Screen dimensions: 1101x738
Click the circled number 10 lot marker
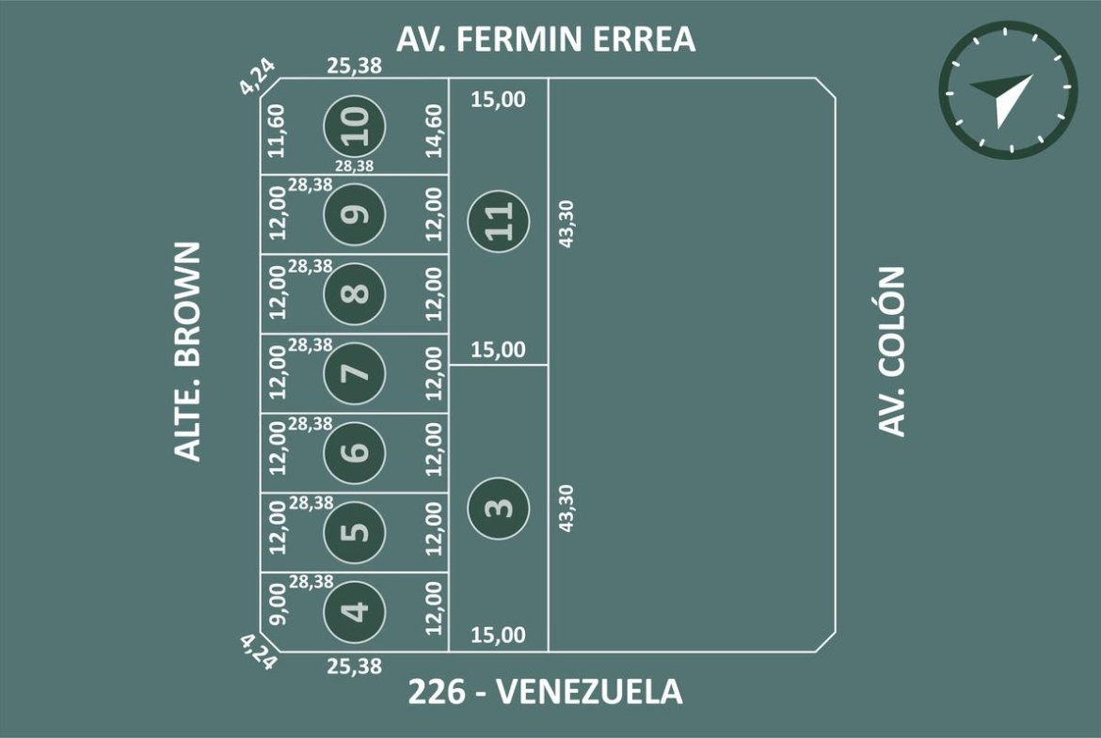coord(355,126)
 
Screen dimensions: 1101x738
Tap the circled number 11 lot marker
coord(499,220)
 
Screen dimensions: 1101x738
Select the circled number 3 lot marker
coord(499,508)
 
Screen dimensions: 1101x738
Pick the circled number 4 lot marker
coord(355,610)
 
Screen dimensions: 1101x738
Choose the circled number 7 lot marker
coord(355,372)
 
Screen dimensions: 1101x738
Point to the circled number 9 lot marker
coord(355,214)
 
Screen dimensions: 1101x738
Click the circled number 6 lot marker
coord(355,452)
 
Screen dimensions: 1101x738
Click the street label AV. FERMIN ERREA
coord(546,39)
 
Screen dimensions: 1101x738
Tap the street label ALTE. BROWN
coord(187,352)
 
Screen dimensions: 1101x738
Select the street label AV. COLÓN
coord(892,352)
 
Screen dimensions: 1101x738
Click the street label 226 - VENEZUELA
coord(546,692)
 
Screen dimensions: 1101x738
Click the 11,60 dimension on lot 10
coord(277,131)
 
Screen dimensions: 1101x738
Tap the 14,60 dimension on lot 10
coord(435,131)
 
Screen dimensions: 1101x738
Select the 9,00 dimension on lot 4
coord(278,604)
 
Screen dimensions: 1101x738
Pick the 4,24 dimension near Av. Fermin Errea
coord(258,76)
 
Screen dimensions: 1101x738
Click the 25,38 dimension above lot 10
coord(355,66)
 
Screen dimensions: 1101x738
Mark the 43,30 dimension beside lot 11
coord(566,224)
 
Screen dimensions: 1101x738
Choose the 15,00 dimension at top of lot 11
coord(498,100)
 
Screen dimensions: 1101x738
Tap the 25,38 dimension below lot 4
coord(355,666)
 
